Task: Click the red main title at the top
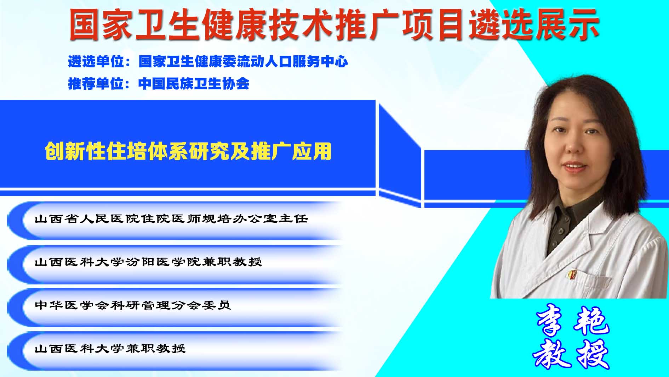click(x=334, y=24)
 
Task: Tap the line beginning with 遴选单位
click(x=208, y=62)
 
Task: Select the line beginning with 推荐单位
click(x=159, y=84)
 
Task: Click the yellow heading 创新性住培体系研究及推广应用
click(x=188, y=151)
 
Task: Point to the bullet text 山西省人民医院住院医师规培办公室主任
click(x=171, y=218)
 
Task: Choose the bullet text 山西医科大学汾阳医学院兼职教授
click(x=148, y=262)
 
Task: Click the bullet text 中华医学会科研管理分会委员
click(x=133, y=305)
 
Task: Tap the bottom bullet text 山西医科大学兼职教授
click(x=110, y=348)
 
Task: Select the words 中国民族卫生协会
click(x=194, y=84)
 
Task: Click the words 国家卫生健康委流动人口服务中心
click(x=243, y=62)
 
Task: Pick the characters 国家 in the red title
click(x=101, y=24)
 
